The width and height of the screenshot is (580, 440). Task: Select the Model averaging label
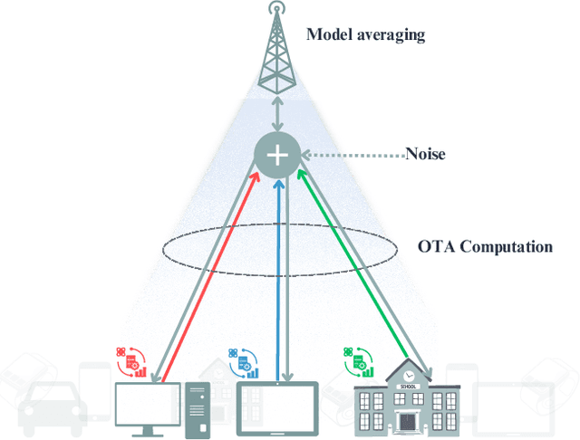[366, 35]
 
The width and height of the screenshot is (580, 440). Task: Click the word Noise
[425, 154]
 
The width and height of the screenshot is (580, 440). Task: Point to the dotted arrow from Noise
[353, 155]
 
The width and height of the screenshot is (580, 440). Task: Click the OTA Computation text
[485, 246]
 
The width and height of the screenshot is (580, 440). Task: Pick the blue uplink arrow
[278, 272]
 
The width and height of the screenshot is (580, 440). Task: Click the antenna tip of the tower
[279, 8]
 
